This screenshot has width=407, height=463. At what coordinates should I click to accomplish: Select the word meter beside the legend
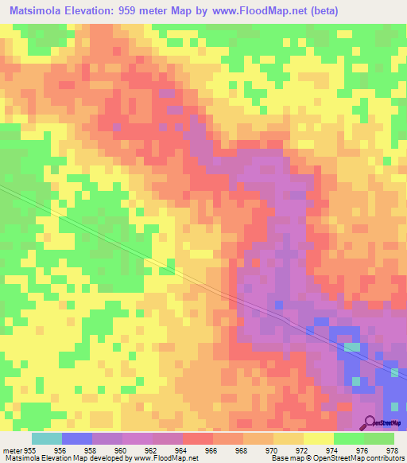point(12,449)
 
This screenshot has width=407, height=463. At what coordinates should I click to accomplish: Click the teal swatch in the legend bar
point(47,438)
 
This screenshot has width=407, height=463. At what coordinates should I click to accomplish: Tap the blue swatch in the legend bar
point(77,438)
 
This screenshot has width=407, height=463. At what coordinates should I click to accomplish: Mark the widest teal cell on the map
point(351,347)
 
